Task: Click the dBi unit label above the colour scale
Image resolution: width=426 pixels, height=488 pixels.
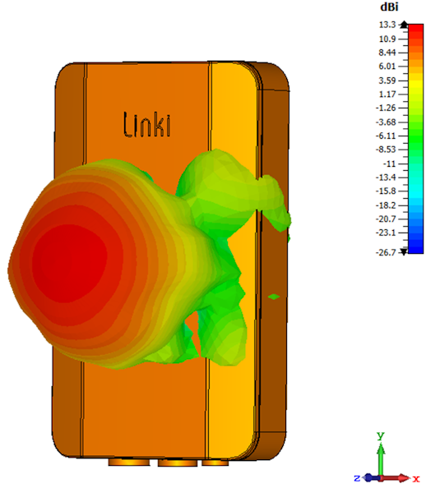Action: pyautogui.click(x=389, y=7)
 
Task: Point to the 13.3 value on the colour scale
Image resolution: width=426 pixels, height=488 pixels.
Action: pyautogui.click(x=387, y=25)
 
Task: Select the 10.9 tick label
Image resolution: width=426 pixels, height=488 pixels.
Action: pyautogui.click(x=387, y=39)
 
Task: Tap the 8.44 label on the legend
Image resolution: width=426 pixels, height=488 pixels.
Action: pyautogui.click(x=387, y=53)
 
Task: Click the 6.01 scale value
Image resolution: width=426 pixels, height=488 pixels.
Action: pyautogui.click(x=387, y=66)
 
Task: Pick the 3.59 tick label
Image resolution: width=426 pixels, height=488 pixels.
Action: pyautogui.click(x=387, y=81)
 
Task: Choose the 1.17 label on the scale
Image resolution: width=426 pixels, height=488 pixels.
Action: pyautogui.click(x=387, y=94)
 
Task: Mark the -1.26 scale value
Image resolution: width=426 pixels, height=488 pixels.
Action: pyautogui.click(x=386, y=108)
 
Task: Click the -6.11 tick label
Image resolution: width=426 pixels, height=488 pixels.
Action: pyautogui.click(x=386, y=136)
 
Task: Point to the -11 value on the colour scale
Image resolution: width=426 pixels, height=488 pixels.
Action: pyautogui.click(x=389, y=163)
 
